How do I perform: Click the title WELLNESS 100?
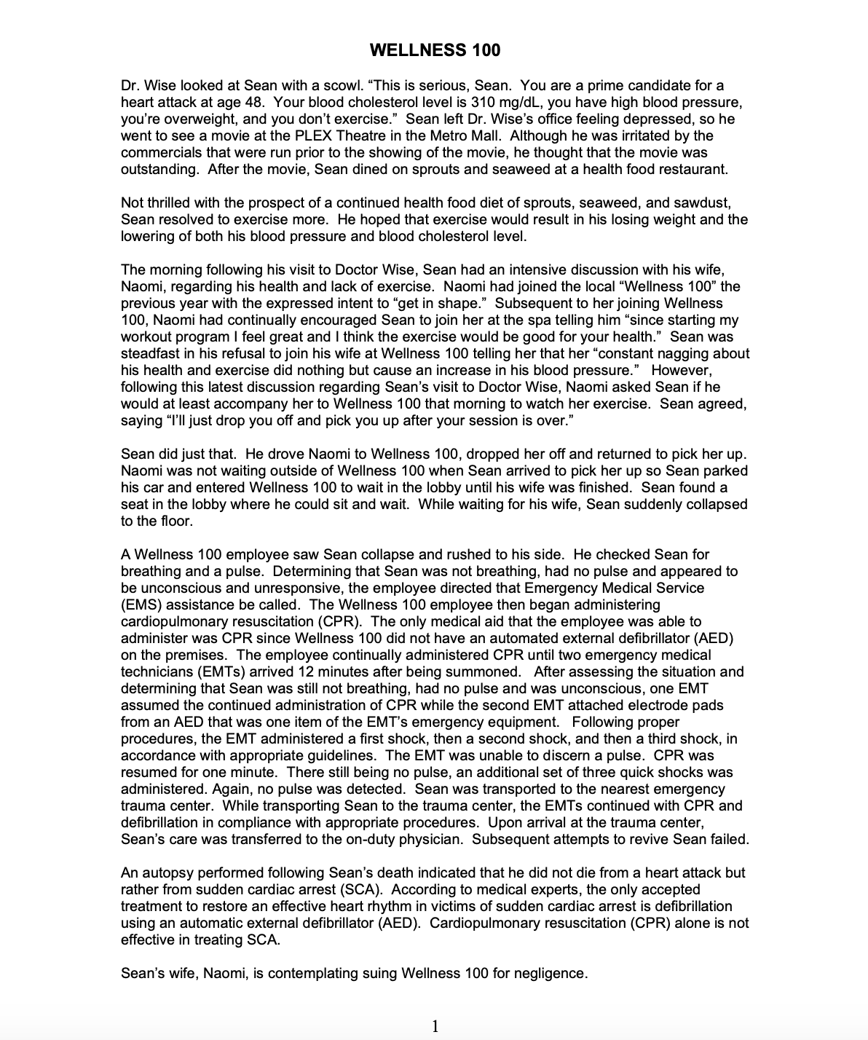(x=435, y=50)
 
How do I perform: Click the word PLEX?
(x=424, y=136)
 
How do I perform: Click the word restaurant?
(x=694, y=170)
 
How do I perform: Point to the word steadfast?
(x=151, y=354)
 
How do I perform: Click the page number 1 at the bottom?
(x=435, y=1026)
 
